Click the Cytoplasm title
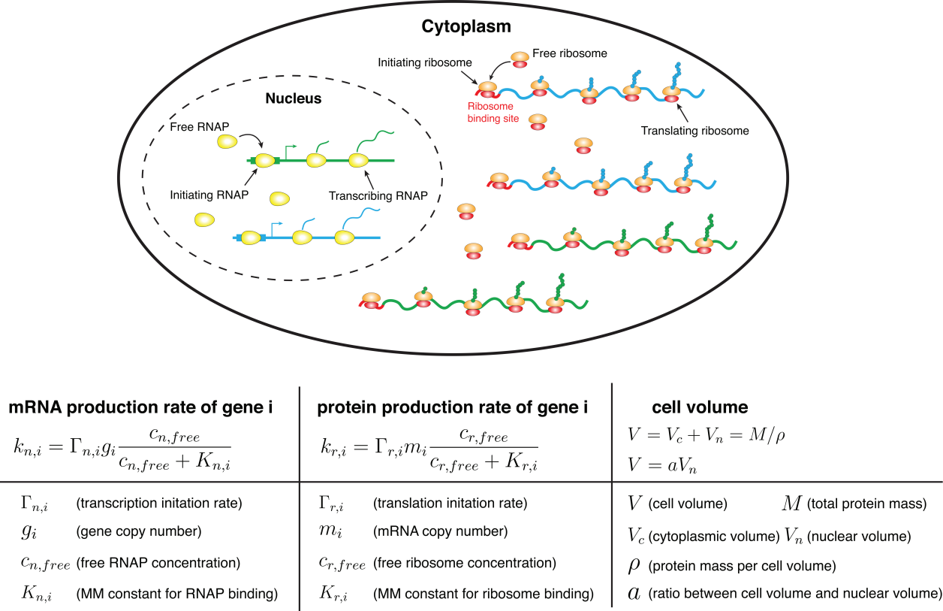click(x=465, y=26)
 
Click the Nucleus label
click(x=294, y=98)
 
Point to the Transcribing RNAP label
click(x=378, y=196)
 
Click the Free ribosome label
click(x=570, y=53)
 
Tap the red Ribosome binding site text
click(x=490, y=112)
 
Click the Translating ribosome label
click(x=695, y=131)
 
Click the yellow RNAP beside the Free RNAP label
click(x=227, y=141)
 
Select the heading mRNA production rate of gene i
click(x=140, y=408)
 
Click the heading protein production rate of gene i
click(x=453, y=408)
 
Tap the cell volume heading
click(x=700, y=408)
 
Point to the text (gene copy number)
click(x=139, y=532)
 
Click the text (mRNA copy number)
click(x=441, y=532)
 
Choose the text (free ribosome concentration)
click(x=465, y=563)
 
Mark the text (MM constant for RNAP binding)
click(x=177, y=594)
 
